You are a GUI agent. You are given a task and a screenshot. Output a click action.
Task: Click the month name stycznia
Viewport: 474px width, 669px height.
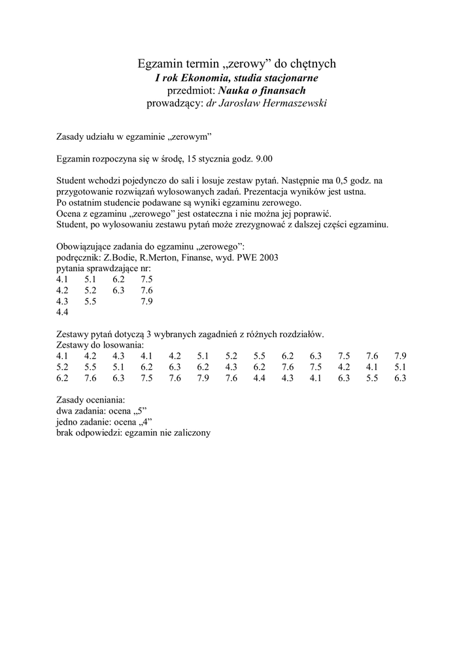click(221, 158)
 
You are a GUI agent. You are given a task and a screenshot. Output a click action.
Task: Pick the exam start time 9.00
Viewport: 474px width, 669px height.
click(263, 158)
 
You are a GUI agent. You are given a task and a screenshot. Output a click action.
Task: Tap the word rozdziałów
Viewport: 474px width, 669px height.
click(301, 334)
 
